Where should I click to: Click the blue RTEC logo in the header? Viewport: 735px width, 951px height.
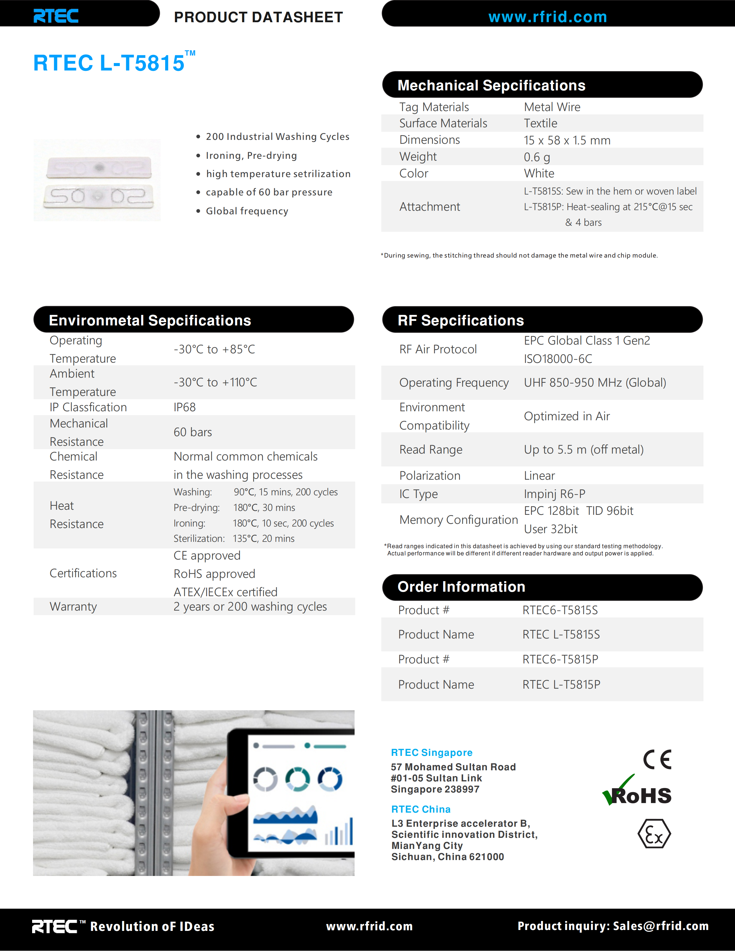click(56, 16)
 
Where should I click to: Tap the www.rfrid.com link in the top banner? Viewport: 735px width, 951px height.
click(547, 17)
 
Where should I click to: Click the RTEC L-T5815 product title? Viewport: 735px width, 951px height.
click(109, 63)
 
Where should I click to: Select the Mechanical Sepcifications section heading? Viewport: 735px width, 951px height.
click(491, 85)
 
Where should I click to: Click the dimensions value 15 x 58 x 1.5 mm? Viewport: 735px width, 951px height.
click(567, 140)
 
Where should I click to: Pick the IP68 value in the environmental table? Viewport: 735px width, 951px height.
click(185, 407)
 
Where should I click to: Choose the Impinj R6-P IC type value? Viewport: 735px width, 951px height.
click(554, 494)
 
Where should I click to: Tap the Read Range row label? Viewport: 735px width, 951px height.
click(431, 449)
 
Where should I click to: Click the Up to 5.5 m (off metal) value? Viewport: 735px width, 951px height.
click(583, 449)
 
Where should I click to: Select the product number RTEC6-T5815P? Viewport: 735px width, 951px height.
click(560, 659)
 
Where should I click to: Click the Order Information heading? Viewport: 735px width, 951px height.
click(461, 587)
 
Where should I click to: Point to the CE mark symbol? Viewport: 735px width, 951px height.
click(657, 760)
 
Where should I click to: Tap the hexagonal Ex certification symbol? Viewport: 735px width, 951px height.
click(654, 834)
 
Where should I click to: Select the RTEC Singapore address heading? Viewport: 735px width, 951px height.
click(431, 753)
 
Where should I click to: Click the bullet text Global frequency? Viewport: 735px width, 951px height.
click(247, 211)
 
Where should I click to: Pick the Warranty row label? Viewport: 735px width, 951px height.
click(73, 607)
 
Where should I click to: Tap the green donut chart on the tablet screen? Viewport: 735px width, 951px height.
click(298, 779)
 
